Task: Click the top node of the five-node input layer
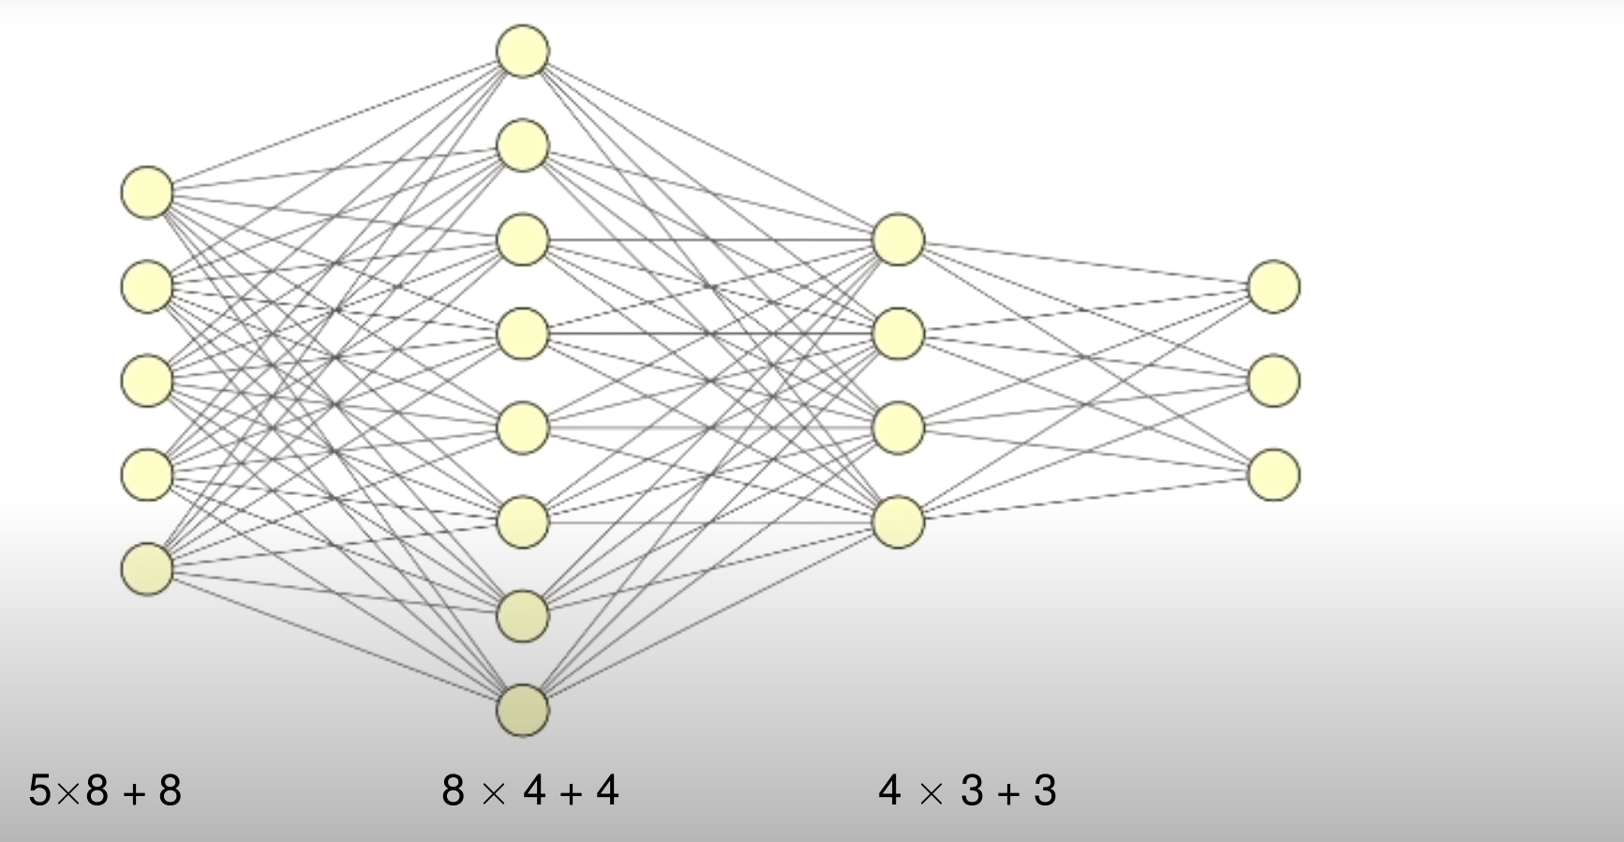(147, 192)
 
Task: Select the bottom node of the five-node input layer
(147, 568)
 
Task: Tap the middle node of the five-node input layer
(147, 380)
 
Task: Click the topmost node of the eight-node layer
(523, 51)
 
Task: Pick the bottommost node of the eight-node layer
(523, 710)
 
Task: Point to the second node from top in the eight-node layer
(523, 145)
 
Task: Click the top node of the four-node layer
(899, 239)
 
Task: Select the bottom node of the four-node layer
(899, 521)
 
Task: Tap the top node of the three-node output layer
(1274, 286)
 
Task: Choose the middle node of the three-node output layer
(1274, 380)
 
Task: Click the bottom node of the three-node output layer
(1274, 474)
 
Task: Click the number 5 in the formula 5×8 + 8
(40, 790)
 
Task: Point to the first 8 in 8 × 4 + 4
(454, 790)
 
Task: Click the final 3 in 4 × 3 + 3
(1046, 790)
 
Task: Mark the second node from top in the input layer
(147, 286)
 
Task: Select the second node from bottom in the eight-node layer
(523, 615)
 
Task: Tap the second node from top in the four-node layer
(899, 333)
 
